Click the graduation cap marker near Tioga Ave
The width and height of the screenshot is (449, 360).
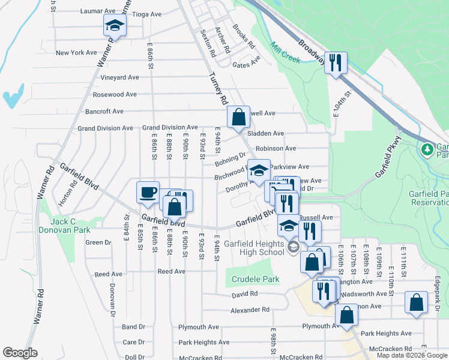tap(115, 26)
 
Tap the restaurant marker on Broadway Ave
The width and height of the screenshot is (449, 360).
tap(336, 62)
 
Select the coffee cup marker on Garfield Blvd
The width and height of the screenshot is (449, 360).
tap(148, 193)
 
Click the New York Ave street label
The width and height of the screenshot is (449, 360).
tap(76, 53)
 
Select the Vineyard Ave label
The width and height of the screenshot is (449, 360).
tap(119, 77)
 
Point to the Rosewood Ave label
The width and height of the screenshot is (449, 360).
tap(115, 94)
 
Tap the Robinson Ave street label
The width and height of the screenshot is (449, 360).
tap(276, 148)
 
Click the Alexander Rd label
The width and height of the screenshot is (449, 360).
tap(250, 310)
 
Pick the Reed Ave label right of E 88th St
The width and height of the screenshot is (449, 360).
tap(171, 271)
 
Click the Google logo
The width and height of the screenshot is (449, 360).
tap(20, 353)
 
